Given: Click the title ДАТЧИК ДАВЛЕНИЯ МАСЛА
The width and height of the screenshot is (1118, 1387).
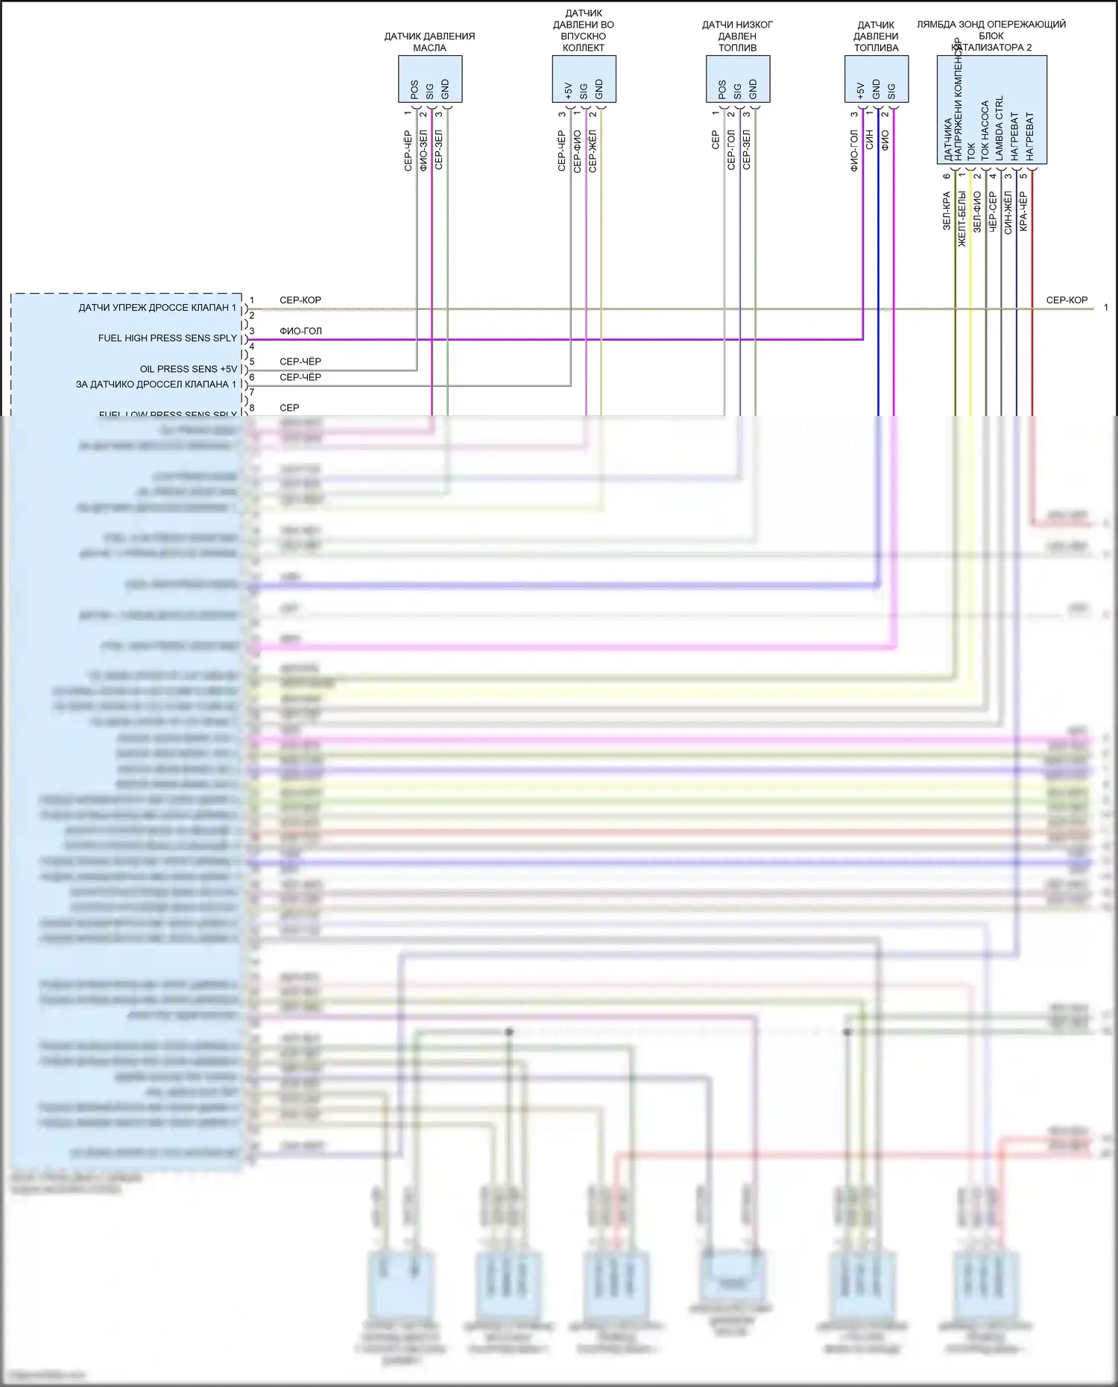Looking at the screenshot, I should tap(429, 42).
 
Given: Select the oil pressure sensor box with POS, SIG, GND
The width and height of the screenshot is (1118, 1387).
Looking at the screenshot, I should tap(430, 79).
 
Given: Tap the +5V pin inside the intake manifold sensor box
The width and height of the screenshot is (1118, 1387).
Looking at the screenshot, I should tap(568, 90).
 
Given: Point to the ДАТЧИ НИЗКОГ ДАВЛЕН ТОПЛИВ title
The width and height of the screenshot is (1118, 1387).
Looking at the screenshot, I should tap(737, 36).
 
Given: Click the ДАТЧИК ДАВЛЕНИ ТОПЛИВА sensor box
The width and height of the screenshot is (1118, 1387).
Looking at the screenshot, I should tap(876, 79).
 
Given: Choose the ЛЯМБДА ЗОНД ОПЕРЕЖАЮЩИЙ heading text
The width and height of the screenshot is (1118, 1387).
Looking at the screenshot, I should tap(991, 25).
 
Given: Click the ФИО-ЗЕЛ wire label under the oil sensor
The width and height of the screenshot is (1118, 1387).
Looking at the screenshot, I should tap(423, 151).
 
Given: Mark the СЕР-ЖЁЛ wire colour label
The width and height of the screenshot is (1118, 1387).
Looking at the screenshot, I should tap(593, 151).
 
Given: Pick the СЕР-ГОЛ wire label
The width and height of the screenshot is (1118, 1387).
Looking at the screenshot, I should tap(731, 151).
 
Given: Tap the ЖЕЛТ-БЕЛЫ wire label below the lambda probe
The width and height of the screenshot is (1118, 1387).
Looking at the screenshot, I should tap(961, 219).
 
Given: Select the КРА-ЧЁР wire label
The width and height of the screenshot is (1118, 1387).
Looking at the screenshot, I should tap(1023, 212).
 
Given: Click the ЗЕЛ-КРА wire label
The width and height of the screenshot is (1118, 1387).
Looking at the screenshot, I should tap(947, 211).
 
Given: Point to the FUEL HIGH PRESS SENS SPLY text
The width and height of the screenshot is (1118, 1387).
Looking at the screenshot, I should tap(168, 338).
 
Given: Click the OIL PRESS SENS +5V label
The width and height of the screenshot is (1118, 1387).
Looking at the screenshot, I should tap(189, 369).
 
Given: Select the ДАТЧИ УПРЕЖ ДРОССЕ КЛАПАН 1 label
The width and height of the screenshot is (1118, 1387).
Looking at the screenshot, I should tap(157, 308).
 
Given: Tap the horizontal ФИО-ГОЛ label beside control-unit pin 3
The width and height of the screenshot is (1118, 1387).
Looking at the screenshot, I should tap(300, 331).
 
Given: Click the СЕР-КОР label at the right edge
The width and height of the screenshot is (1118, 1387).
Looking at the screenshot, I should tap(1067, 300).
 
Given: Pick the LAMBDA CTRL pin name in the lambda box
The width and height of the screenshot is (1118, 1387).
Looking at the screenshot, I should tap(999, 127).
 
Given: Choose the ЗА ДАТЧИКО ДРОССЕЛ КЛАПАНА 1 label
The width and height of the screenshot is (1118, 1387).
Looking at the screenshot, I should tap(156, 385).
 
